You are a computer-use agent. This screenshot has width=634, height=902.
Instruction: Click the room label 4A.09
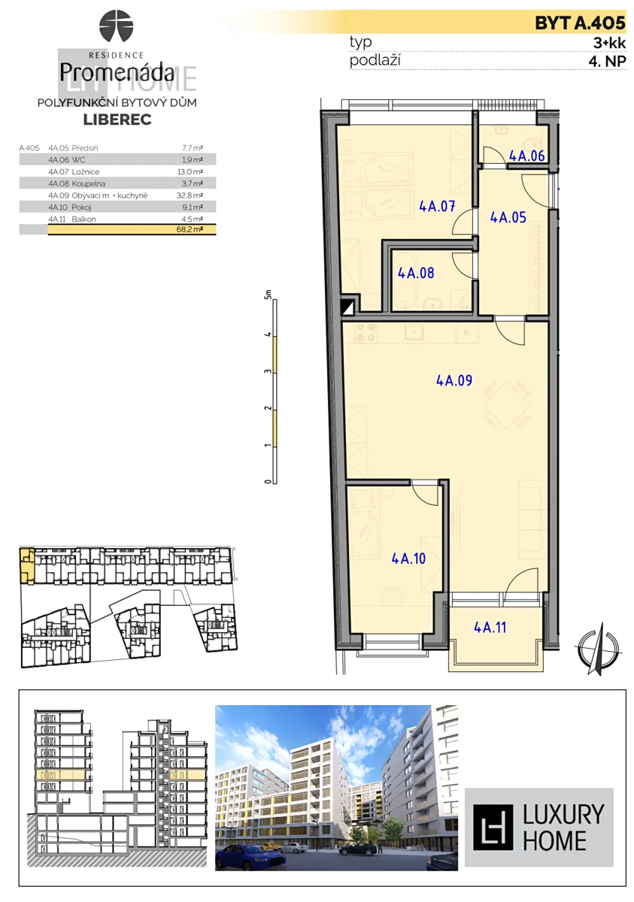point(454,380)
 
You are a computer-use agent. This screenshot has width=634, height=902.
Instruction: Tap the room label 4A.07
point(437,207)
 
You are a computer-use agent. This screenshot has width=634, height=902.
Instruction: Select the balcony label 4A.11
point(490,627)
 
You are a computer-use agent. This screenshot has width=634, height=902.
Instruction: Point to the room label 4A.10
point(408,558)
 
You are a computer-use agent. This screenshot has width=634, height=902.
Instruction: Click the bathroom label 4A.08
point(416,273)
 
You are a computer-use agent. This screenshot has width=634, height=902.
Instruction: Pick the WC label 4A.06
point(527,156)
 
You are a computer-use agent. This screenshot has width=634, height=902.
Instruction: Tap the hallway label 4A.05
point(508,217)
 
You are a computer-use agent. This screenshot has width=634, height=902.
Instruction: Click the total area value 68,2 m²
point(190,230)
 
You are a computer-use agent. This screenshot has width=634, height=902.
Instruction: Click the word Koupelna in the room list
point(89,183)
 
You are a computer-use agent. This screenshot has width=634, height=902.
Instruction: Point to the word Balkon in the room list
point(83,219)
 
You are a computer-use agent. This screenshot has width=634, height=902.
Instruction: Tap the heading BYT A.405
point(580,23)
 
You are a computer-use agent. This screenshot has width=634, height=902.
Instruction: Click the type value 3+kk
point(609,43)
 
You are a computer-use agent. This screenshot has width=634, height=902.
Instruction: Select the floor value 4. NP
point(607,61)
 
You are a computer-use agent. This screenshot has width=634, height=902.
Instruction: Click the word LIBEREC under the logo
point(117,120)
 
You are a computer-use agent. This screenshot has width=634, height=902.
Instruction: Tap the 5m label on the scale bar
point(268,295)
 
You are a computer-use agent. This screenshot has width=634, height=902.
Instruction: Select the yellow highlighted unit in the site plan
point(27,566)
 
